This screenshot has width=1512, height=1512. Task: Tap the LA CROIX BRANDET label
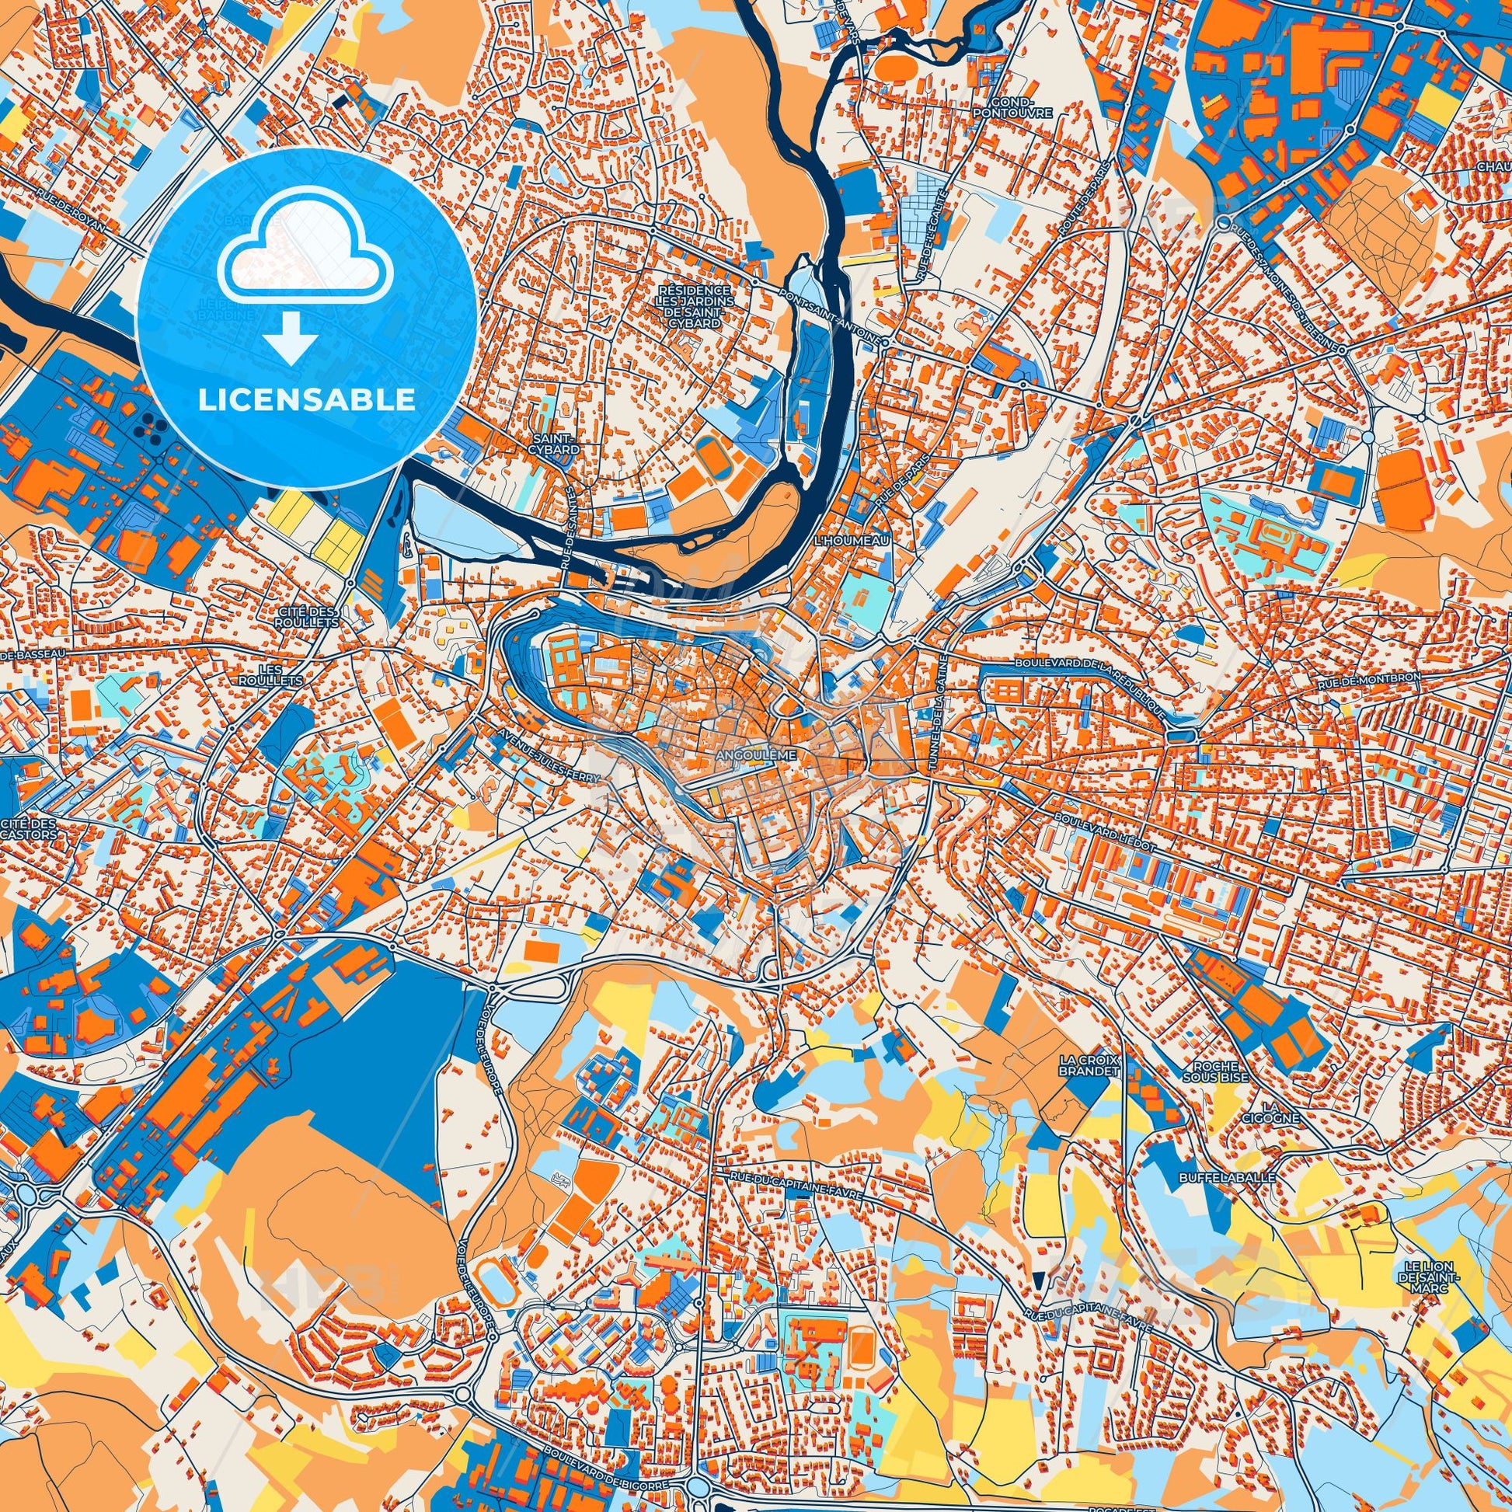[1089, 1065]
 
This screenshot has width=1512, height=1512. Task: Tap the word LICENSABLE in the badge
[307, 400]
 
